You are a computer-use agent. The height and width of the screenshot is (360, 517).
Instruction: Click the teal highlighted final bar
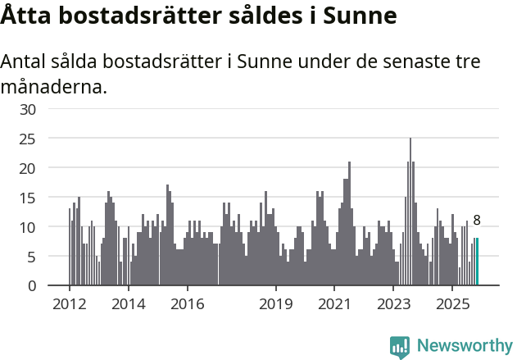point(477,262)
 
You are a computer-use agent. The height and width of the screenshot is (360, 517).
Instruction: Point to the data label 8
point(477,220)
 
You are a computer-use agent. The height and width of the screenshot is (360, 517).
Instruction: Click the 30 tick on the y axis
point(28,109)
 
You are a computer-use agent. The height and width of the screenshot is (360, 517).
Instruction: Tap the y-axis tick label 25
point(28,139)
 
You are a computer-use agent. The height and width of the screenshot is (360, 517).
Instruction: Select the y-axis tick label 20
point(28,168)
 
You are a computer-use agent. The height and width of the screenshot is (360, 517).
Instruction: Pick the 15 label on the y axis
point(28,198)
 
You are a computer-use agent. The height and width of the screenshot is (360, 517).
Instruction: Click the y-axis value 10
point(28,227)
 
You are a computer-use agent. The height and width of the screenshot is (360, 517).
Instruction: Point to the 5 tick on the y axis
point(32,257)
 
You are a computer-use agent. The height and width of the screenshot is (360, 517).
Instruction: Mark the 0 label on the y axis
point(32,286)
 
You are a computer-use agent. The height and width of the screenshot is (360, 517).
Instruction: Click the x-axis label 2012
point(69,304)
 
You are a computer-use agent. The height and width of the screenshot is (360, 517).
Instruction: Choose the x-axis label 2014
point(128,304)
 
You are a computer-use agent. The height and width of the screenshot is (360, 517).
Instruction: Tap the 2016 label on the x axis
point(187,304)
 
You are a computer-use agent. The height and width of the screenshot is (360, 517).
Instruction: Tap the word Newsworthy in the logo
point(465,346)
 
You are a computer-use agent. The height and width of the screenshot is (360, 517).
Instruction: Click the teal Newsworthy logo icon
point(400,347)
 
